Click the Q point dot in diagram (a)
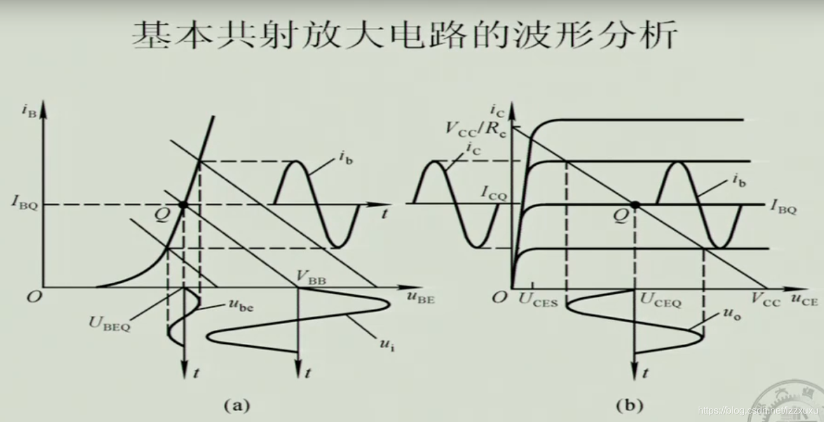(183, 205)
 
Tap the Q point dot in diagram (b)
(634, 205)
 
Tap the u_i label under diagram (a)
(387, 346)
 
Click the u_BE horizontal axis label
(420, 298)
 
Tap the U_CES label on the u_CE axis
(539, 300)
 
